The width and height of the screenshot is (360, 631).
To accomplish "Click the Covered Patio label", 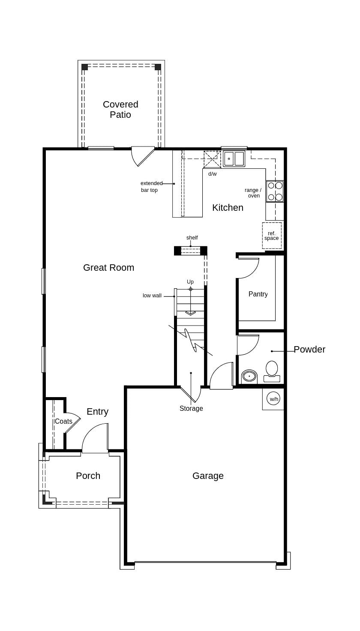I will coord(120,110).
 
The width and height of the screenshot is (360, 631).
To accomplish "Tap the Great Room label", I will coord(108,268).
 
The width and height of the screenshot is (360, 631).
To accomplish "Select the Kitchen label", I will coord(228,208).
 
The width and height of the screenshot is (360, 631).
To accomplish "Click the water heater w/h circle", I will coord(273,399).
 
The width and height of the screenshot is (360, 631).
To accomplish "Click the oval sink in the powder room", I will coord(249,376).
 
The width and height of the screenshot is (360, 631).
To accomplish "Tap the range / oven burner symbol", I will coord(275,191).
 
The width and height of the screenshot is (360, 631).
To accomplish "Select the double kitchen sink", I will coord(234,159).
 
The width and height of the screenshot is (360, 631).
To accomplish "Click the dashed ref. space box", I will coord(272,236).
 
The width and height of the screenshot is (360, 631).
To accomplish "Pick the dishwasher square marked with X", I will coord(212,159).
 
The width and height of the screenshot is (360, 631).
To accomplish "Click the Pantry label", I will coord(258,294).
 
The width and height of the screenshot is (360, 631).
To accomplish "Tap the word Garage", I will coord(208,476).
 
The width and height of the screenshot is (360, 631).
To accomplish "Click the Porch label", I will coord(88,476).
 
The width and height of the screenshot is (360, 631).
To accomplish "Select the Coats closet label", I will coord(63,422).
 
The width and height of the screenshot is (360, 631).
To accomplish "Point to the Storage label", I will coord(191,409).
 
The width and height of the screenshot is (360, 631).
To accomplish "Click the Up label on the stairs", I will coord(190,282).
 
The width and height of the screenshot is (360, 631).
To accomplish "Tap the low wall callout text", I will coord(152,296).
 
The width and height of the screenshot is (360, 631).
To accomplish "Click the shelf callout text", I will coord(192,238).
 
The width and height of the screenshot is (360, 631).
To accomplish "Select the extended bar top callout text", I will coord(151,187).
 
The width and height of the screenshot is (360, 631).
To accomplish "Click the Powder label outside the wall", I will coord(309,350).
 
